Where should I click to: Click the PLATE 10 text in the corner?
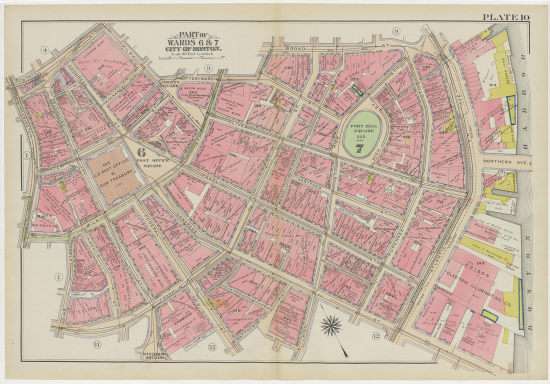(505, 17)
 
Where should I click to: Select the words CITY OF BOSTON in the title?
(194, 49)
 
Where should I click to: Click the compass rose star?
(330, 325)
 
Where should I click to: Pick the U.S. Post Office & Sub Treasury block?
(114, 173)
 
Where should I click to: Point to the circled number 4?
(44, 49)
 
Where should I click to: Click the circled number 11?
(97, 344)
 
